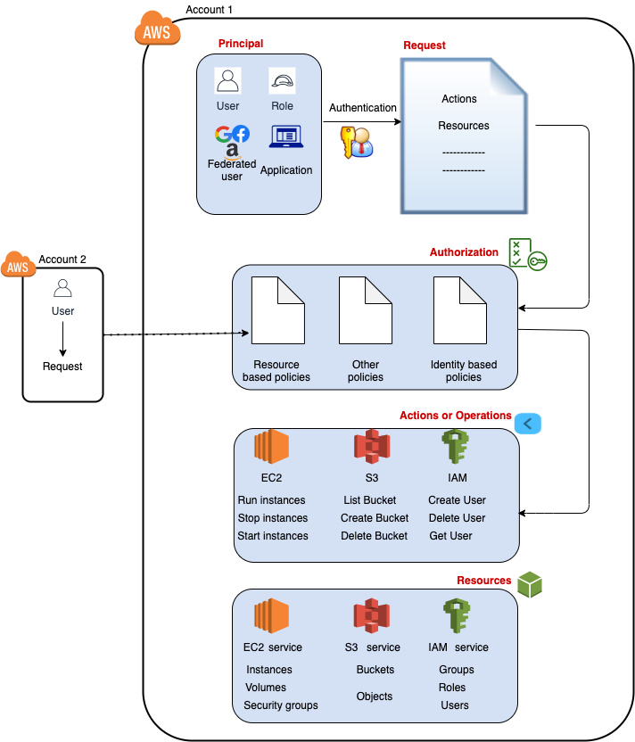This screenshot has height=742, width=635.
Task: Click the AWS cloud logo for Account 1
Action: (157, 30)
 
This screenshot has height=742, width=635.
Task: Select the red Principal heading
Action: (241, 44)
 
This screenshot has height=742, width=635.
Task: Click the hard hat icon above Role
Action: (282, 82)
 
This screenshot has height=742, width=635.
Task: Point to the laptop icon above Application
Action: (286, 136)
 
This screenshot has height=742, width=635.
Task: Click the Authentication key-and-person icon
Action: (356, 142)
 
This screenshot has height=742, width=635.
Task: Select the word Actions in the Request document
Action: (459, 99)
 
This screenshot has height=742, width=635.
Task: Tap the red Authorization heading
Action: (464, 252)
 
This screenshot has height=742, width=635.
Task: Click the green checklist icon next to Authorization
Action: (526, 254)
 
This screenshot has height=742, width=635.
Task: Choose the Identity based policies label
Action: (464, 371)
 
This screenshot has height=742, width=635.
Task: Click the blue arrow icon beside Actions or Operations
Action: (528, 423)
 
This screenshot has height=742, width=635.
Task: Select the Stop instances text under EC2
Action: (272, 518)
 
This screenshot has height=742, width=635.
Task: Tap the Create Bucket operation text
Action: (375, 518)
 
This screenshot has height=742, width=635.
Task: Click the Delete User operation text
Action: (457, 518)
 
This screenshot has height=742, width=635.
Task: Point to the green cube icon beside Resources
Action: (530, 585)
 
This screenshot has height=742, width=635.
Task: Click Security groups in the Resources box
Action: (281, 705)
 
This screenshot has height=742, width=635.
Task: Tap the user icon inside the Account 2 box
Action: (62, 288)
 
